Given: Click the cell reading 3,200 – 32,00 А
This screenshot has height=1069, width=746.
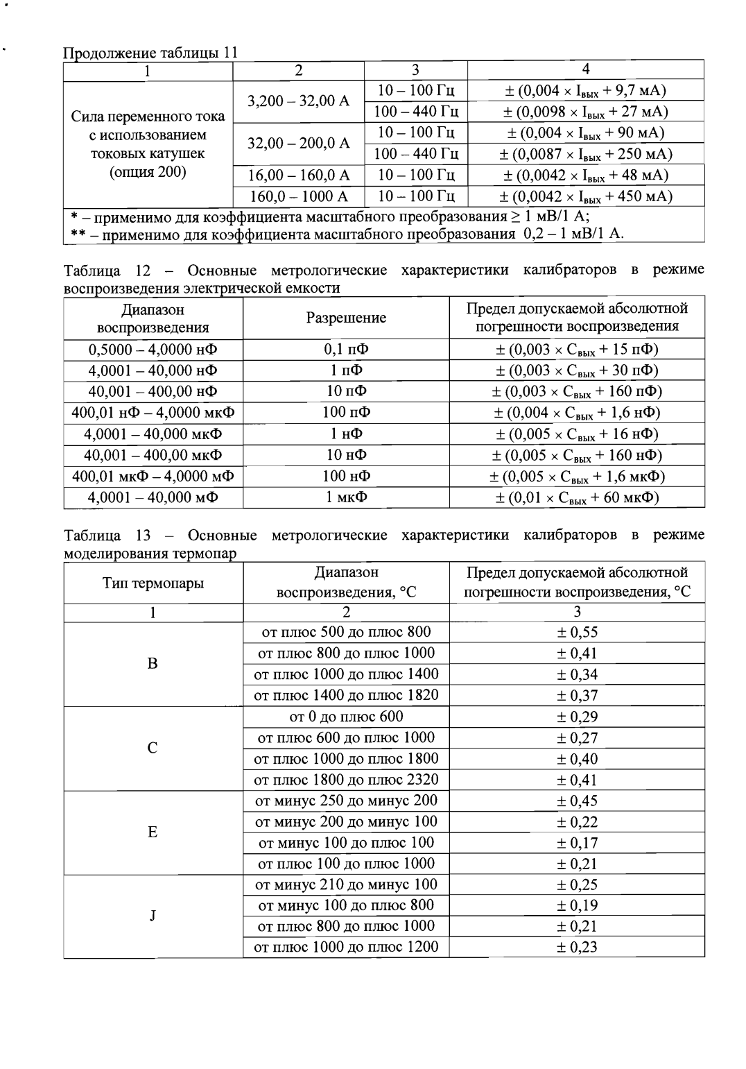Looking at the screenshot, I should [x=299, y=101].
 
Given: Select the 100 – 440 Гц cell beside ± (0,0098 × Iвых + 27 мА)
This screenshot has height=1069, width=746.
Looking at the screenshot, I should [x=416, y=112].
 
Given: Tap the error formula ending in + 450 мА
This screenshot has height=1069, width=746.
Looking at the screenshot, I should [x=586, y=196].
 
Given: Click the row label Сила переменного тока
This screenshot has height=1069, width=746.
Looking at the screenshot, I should [x=148, y=116].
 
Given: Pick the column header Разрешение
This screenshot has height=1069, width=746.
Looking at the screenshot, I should [x=346, y=318].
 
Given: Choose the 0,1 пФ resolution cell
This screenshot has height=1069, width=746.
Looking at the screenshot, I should [x=346, y=349].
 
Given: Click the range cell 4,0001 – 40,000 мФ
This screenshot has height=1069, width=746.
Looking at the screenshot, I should [x=153, y=497].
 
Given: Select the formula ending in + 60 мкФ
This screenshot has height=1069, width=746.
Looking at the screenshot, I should [x=577, y=497].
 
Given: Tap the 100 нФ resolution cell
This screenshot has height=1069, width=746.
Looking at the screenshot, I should [x=346, y=477].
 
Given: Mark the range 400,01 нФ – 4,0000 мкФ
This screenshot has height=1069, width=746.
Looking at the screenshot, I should [x=153, y=413].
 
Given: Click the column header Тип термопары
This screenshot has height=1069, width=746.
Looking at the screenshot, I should [x=153, y=583].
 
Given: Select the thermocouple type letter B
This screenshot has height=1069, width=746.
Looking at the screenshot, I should [x=153, y=663].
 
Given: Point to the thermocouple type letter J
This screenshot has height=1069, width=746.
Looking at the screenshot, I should [x=153, y=916].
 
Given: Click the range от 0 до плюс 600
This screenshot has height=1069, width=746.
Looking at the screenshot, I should [x=346, y=717].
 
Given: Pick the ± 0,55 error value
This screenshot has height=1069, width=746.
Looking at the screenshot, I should [x=577, y=632].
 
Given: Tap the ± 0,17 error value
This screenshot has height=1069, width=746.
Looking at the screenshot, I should [x=577, y=843].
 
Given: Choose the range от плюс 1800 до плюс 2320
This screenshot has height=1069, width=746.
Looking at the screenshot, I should [x=346, y=780].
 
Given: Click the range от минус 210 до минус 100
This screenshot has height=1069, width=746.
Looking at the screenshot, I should [x=346, y=884].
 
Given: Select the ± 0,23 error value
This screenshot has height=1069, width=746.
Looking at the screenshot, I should [x=577, y=947].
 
